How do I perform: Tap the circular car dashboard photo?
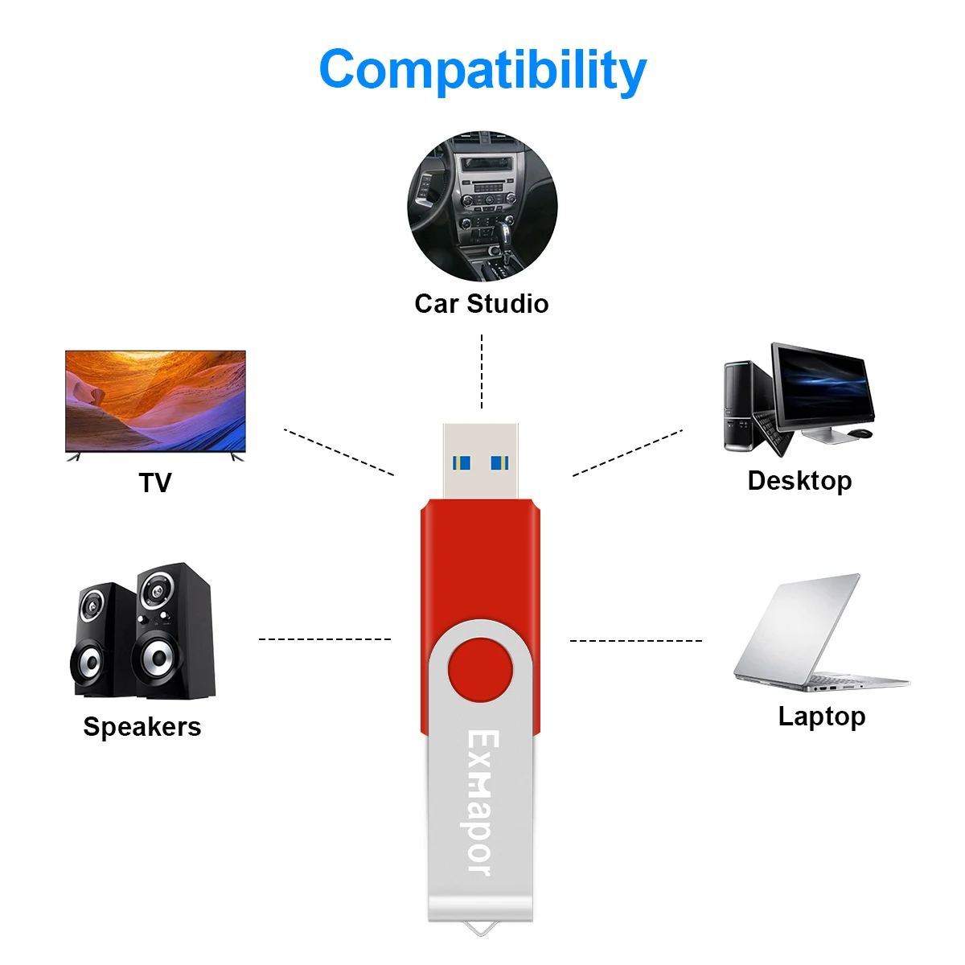pos(482,206)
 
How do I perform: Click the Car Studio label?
pos(482,303)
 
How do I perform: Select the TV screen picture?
pos(155,401)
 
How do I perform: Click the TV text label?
pos(155,482)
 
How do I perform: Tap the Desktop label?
pos(799,481)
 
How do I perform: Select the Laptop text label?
pos(822,717)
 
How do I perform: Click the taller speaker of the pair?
pos(174,630)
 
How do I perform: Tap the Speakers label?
pos(142,727)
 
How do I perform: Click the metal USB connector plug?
pos(480,461)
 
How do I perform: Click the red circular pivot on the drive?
pos(480,670)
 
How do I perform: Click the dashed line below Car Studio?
pos(482,371)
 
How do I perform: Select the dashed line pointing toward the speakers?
pos(325,639)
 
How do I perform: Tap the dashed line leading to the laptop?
pos(636,640)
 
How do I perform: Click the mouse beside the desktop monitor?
pos(860,433)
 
